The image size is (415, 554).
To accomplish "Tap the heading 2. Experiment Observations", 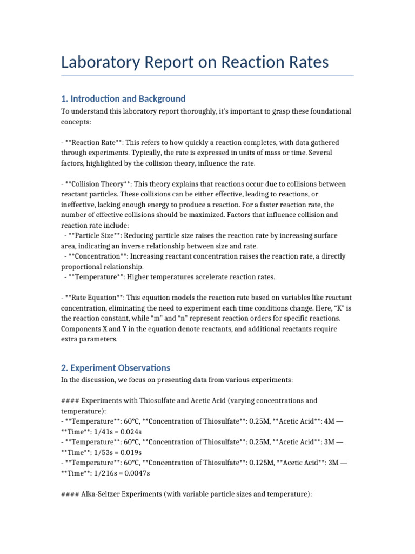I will [x=115, y=368].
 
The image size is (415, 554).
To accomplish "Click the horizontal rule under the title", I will [x=207, y=76].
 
